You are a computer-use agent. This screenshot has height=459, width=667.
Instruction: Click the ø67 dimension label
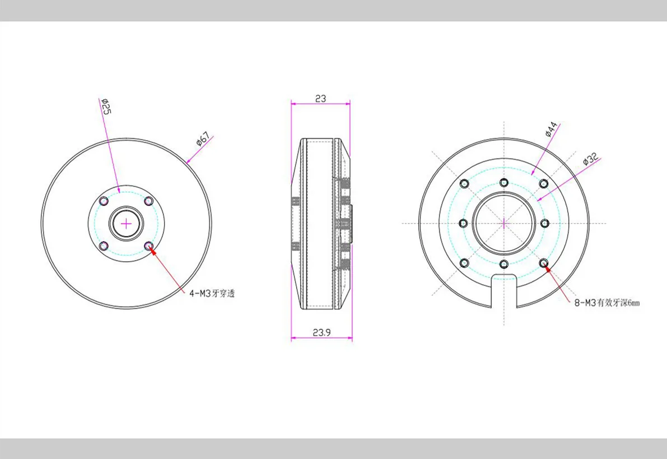click(203, 138)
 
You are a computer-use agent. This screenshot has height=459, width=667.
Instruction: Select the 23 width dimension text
click(320, 98)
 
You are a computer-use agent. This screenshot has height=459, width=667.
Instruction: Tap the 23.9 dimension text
click(321, 332)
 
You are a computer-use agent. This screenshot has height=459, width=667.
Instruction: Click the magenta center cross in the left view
click(127, 224)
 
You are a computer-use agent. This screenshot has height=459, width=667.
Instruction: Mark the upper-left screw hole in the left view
click(104, 201)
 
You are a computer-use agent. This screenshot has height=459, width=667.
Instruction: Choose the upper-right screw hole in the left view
click(148, 201)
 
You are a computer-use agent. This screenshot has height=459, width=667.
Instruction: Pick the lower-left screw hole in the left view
click(104, 246)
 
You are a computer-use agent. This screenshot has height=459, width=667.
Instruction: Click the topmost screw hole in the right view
click(504, 182)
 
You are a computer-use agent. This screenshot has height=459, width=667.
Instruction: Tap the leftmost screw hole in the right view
click(463, 223)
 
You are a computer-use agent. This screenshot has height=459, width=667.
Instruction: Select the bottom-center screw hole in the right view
click(504, 263)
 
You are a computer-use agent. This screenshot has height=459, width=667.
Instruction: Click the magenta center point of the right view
click(504, 223)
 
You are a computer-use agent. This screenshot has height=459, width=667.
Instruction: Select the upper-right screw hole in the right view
click(543, 183)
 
